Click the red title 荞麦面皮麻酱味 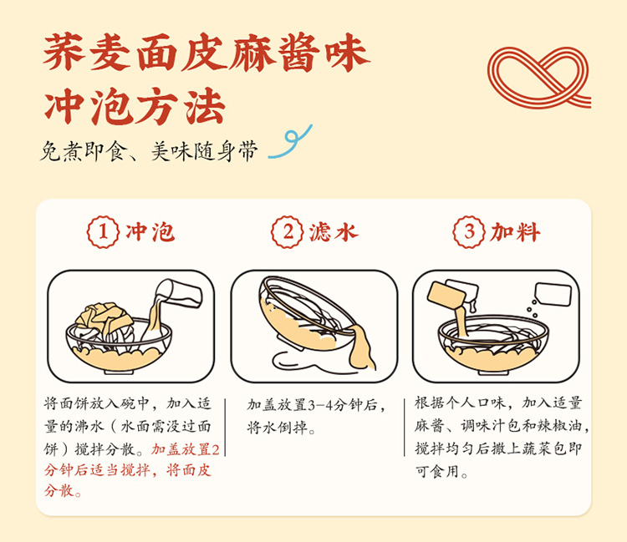206,53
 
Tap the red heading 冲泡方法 135,107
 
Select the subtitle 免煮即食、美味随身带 149,151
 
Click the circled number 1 103,232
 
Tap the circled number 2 288,232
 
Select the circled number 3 469,232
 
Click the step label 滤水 334,232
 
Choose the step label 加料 516,232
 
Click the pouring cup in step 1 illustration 180,293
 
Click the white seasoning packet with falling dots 553,294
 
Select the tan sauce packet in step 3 446,294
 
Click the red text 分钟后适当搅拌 97,470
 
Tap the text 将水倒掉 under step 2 278,428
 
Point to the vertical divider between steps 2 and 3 405,427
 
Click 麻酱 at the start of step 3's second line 429,426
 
